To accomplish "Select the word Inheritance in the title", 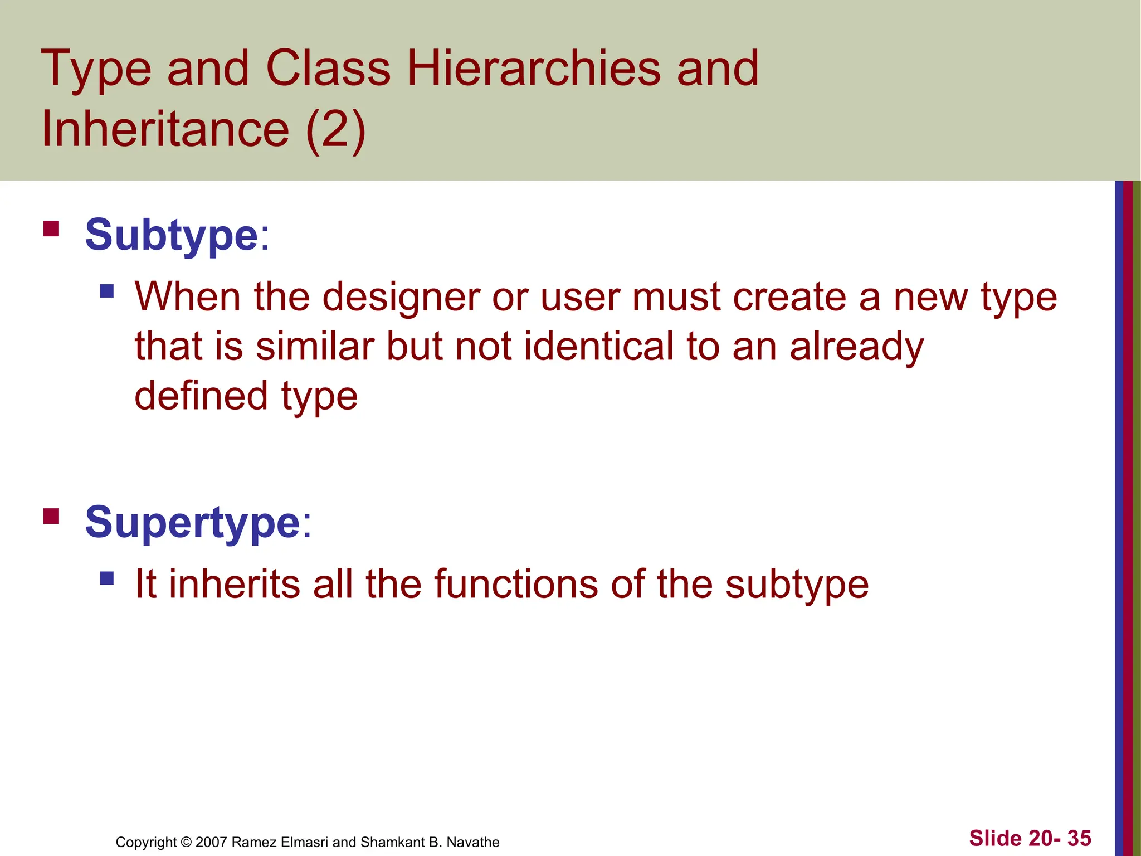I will [165, 129].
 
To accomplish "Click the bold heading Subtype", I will [172, 235].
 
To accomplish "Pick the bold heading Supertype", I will [193, 523].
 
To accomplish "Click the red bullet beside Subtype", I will [51, 229].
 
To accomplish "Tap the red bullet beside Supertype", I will [51, 517].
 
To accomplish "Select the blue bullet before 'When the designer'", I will [107, 291].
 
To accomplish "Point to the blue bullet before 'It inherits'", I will [107, 578].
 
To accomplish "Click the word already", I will [856, 346].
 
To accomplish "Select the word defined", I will [202, 396].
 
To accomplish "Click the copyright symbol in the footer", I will [186, 842].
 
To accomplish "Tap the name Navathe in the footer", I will [473, 842].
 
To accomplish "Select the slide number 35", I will [1079, 838].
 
